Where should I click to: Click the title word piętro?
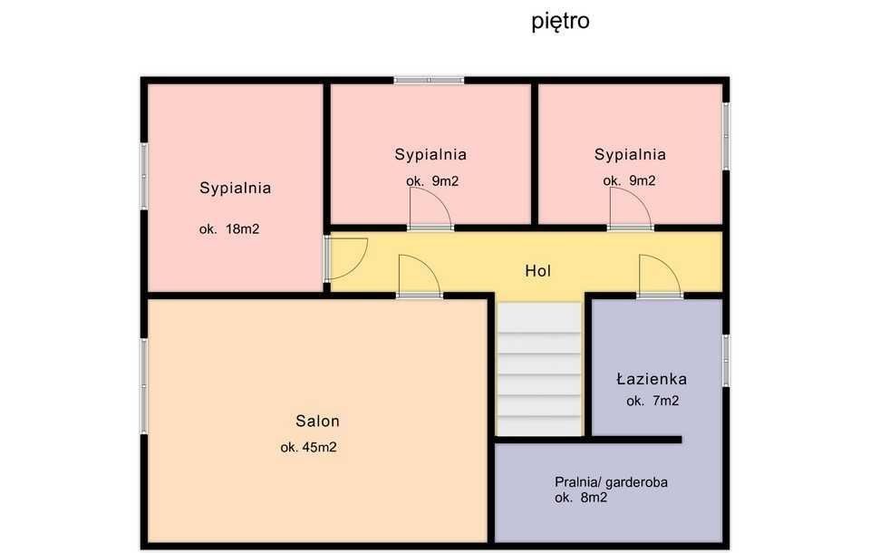tap(560, 21)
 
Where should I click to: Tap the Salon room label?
tap(317, 421)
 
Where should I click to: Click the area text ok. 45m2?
tap(308, 447)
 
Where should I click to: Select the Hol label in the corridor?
tap(537, 270)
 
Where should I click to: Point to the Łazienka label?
tap(652, 379)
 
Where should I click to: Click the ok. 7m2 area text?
tap(652, 401)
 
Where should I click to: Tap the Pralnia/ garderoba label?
tap(611, 482)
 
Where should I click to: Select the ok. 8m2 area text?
tap(581, 498)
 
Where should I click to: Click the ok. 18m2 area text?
tap(229, 229)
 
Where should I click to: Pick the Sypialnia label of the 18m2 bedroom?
tap(235, 189)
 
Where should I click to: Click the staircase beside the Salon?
tap(539, 370)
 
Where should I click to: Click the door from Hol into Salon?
tap(419, 276)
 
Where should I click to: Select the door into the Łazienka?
tap(659, 276)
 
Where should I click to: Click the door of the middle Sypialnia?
tap(430, 211)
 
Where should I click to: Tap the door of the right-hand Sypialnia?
tap(630, 211)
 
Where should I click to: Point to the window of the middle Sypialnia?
tap(429, 81)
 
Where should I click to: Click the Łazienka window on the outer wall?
tap(726, 360)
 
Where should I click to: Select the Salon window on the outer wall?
tap(143, 384)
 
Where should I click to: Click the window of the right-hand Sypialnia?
tap(726, 136)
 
